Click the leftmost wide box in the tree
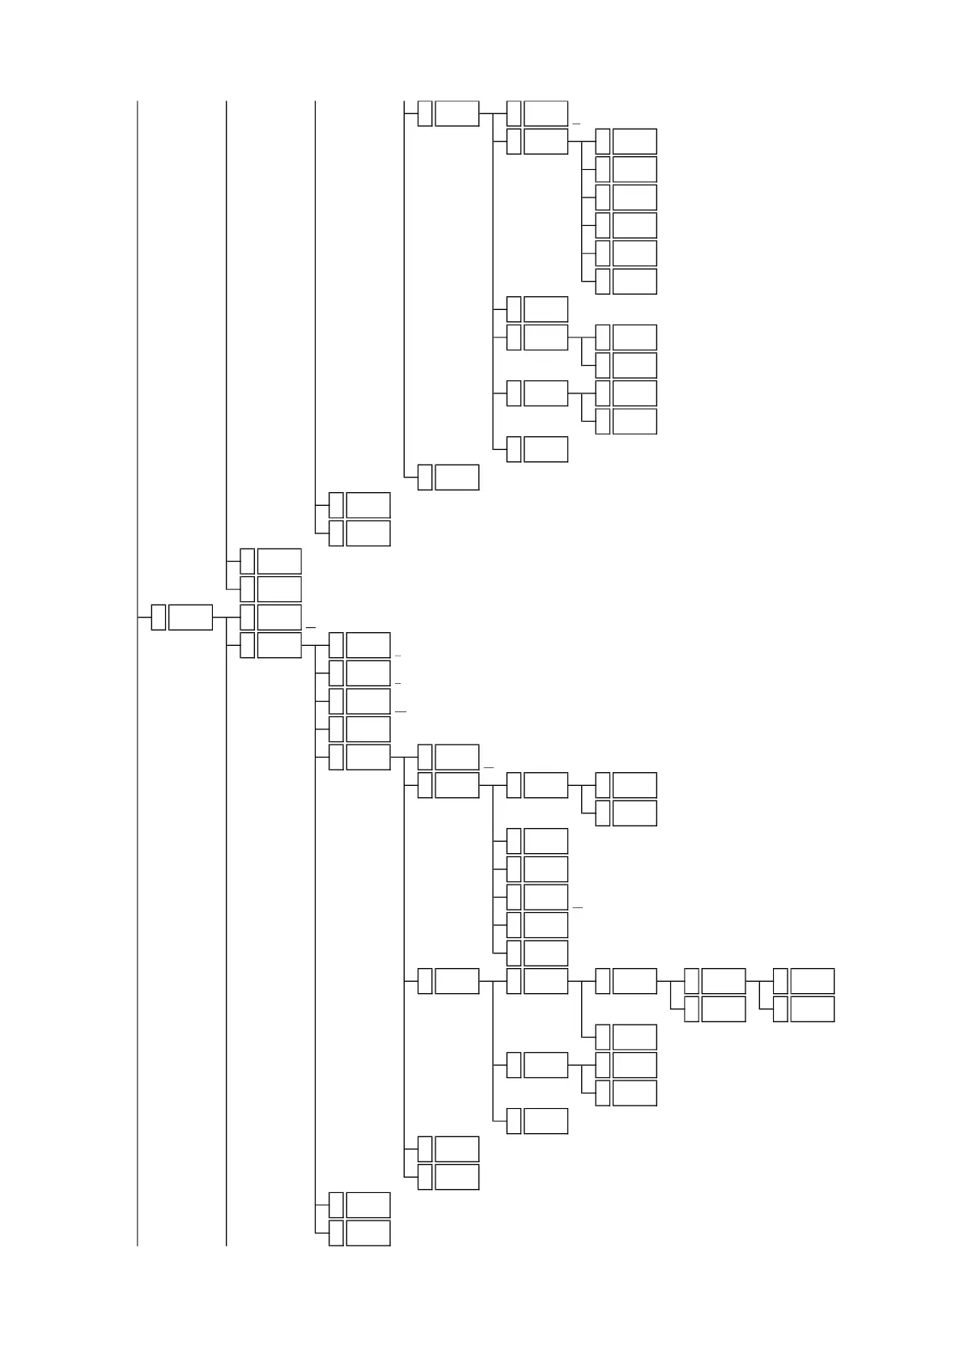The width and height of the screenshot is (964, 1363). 190,617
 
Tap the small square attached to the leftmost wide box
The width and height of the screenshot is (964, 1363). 159,617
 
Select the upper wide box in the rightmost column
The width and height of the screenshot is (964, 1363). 812,981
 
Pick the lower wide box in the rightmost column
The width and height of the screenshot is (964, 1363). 812,1009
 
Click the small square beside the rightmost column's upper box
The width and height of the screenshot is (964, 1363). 780,981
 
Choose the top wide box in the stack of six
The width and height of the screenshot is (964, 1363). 635,141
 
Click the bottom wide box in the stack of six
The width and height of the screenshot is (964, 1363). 635,281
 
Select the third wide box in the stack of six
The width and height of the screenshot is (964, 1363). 635,197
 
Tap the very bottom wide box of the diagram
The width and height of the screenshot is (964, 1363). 368,1233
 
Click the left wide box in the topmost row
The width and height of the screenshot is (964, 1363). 457,113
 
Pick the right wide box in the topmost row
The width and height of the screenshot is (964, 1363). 546,113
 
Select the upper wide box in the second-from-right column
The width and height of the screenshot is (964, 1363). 723,981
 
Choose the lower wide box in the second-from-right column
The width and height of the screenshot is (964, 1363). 723,1009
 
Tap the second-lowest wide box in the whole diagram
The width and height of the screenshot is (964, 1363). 368,1204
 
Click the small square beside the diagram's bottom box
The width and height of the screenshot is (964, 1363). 337,1233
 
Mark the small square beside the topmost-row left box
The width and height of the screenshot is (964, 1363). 425,113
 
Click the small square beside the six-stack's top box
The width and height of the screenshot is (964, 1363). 602,141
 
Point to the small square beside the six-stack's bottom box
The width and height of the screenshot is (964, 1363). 602,281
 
